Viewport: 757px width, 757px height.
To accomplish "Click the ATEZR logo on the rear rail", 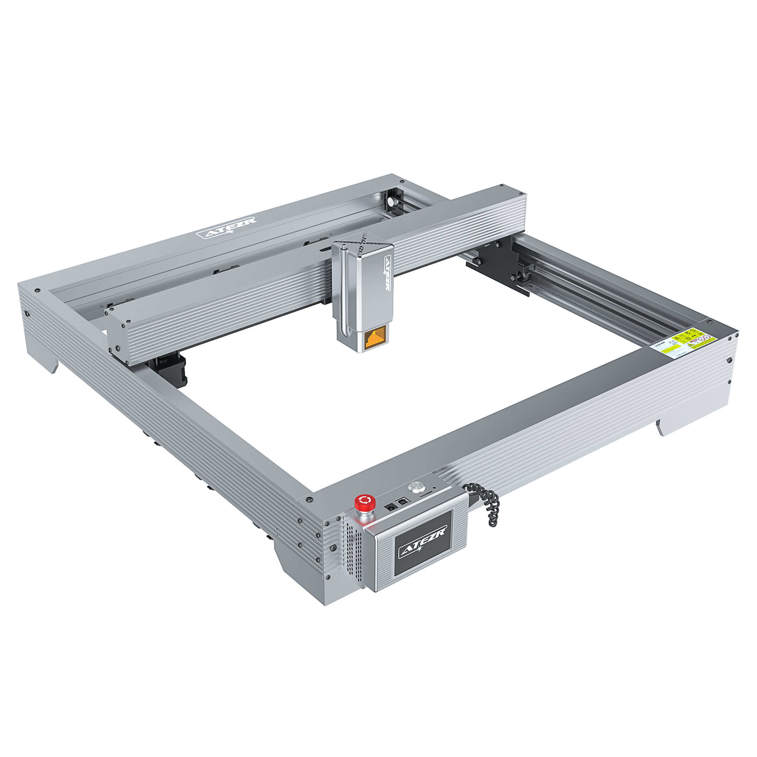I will [226, 228].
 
